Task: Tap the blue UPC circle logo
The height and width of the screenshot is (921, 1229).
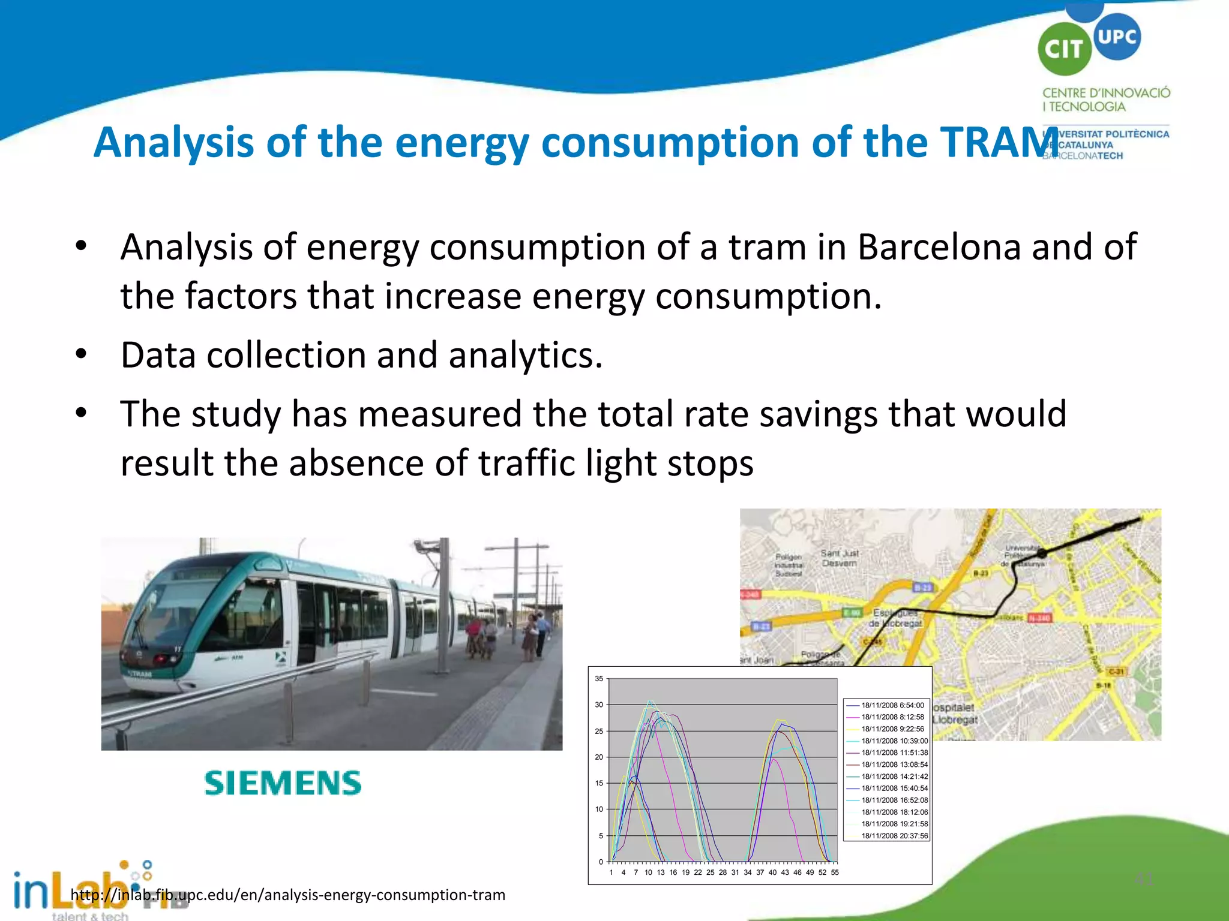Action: (x=1117, y=37)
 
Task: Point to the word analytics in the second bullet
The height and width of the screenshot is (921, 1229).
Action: (x=525, y=355)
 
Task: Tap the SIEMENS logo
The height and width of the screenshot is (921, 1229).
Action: (x=283, y=783)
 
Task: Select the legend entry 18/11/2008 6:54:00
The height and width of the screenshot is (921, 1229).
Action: (x=892, y=705)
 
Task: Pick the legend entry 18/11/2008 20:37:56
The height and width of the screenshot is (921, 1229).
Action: (x=894, y=836)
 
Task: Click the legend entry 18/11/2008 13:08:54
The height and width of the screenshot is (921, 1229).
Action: (x=894, y=765)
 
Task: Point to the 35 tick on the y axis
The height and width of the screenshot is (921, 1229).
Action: (x=599, y=679)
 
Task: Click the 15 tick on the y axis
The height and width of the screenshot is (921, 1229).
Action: (x=599, y=783)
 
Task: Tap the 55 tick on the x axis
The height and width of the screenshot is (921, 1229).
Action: (x=835, y=872)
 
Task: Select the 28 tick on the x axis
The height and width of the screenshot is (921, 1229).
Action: (x=723, y=872)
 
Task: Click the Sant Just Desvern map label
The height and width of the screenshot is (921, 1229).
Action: (x=840, y=558)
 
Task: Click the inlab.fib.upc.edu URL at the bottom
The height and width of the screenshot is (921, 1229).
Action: (x=288, y=895)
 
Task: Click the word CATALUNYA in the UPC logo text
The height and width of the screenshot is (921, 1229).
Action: (x=1085, y=145)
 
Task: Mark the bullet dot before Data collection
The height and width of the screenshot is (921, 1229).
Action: (x=81, y=354)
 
